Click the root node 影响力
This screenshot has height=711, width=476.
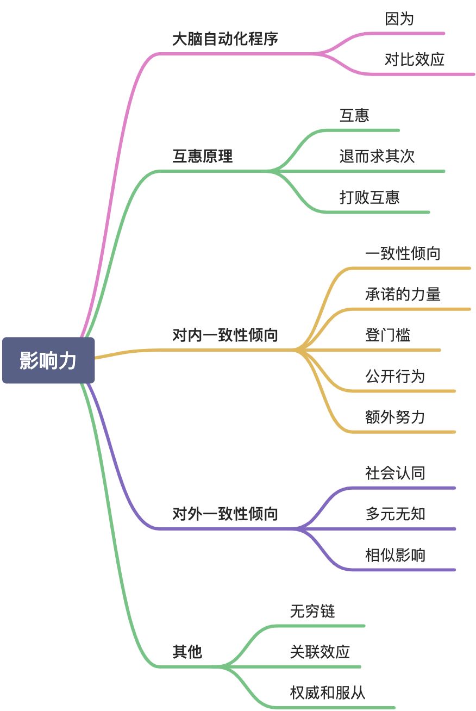coord(48,360)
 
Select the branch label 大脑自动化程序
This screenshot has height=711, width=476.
coord(225,39)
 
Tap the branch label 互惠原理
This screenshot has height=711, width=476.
coord(203,157)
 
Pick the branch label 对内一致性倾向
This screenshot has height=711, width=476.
coord(225,335)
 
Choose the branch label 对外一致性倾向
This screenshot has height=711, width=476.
coord(225,514)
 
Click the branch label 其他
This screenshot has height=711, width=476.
coord(187,652)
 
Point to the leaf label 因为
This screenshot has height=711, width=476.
coord(399,19)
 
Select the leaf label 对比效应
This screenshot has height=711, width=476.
coord(415,59)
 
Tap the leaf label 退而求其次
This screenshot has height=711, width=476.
coord(377,157)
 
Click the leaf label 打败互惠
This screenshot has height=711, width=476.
coord(369,197)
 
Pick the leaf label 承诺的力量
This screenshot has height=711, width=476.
coord(403,295)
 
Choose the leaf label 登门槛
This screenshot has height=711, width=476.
coord(388,335)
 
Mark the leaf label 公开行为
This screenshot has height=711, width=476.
coord(395,376)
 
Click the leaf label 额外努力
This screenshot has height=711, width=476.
coord(395,417)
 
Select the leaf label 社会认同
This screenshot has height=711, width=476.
coord(395,473)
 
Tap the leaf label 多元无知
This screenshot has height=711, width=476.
coord(395,514)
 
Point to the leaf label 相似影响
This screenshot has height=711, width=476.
coord(395,555)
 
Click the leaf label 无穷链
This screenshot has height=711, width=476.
coord(312,611)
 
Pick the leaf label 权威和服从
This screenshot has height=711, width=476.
coord(328,693)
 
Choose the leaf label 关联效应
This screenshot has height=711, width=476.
coord(320,652)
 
